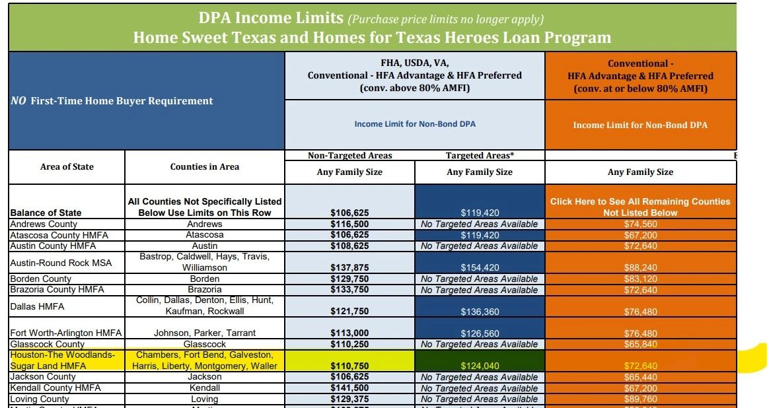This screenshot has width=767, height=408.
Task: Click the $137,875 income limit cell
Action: [349, 267]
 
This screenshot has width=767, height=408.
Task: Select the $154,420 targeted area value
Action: [480, 267]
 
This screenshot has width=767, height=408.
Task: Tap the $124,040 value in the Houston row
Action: [480, 366]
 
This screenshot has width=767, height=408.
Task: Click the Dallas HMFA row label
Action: [37, 306]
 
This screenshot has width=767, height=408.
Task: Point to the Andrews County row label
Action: [44, 224]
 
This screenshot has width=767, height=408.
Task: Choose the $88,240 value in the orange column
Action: [640, 267]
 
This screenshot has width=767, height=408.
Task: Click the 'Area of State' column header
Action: [67, 167]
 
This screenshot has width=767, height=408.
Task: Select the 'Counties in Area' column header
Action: [205, 167]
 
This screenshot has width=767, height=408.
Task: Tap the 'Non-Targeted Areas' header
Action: [349, 156]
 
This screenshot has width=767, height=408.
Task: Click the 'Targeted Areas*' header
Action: [480, 156]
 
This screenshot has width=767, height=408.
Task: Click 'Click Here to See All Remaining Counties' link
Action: [640, 201]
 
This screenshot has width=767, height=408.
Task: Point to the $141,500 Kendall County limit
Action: [349, 388]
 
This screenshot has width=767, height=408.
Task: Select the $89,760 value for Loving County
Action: [640, 399]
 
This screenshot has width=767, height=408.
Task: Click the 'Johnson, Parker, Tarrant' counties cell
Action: [205, 333]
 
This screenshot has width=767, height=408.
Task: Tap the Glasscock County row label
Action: [48, 344]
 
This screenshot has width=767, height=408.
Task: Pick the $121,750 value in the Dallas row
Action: [349, 312]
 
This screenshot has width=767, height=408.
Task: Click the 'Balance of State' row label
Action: [46, 213]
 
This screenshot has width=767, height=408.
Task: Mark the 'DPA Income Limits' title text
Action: [272, 18]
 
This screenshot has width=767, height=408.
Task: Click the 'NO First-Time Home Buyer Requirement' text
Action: [112, 101]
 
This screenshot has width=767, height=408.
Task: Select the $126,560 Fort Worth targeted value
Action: [480, 333]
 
